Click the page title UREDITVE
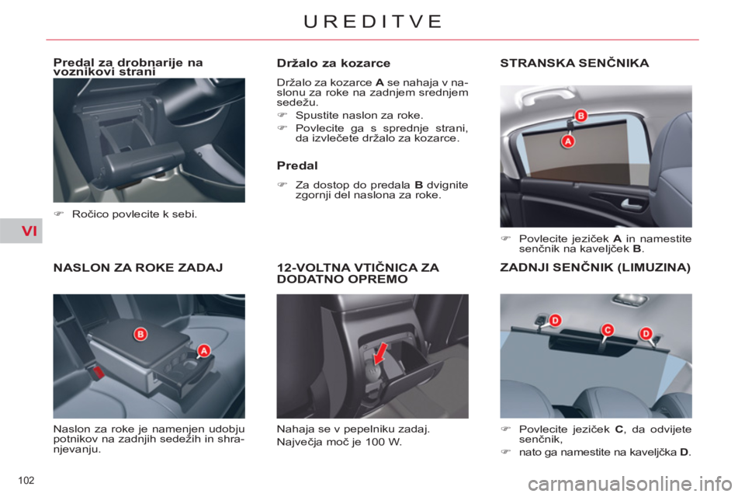(372, 22)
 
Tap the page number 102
(26, 481)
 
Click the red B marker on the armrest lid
(140, 334)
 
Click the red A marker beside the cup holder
(204, 350)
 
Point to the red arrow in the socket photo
(380, 354)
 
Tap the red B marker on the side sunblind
(580, 116)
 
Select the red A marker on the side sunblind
(568, 141)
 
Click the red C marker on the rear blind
(607, 329)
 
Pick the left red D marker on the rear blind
(555, 320)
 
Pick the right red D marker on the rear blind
(646, 333)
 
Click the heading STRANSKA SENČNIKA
(574, 63)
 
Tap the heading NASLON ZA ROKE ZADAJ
(138, 268)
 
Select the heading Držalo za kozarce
(333, 63)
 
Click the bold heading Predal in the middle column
(297, 165)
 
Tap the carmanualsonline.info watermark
(629, 484)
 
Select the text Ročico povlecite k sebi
(134, 214)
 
